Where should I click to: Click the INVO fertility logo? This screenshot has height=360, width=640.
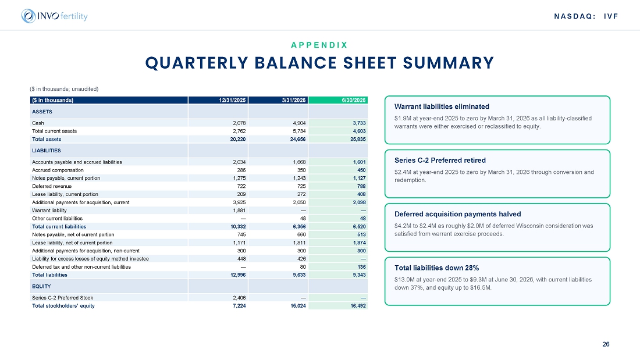point(54,16)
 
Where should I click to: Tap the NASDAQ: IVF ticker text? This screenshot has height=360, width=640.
point(586,16)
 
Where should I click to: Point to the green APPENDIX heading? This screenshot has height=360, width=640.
point(319,45)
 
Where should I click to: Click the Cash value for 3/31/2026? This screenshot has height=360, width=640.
point(299,123)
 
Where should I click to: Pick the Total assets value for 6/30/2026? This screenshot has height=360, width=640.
point(359,139)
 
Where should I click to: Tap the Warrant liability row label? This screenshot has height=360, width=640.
point(49,211)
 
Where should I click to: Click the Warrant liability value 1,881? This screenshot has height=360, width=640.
point(239,211)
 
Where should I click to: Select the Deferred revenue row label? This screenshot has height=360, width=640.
point(52,186)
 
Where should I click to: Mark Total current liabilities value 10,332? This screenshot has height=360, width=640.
point(238,227)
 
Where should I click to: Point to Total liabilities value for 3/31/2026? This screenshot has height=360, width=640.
point(299,275)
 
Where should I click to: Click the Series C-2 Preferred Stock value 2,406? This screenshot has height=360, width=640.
point(239,298)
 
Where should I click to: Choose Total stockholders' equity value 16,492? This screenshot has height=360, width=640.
point(358,306)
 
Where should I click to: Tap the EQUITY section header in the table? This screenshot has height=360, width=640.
point(42,287)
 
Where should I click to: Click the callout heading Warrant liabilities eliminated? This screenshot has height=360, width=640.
point(442,106)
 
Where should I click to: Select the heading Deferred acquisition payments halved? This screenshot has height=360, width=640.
point(457,214)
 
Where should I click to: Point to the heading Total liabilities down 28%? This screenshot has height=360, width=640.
point(436,268)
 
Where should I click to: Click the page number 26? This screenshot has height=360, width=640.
point(606,344)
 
